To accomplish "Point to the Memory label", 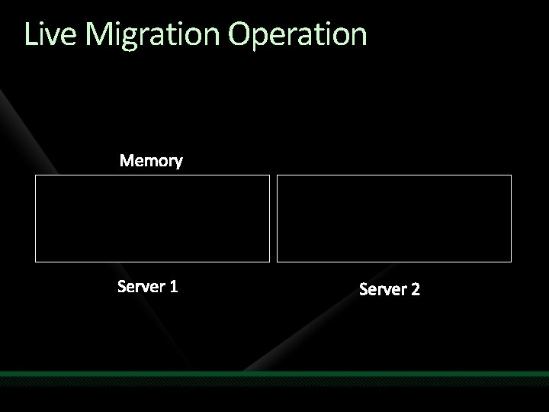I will point(151,161).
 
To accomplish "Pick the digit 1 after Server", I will point(174,287).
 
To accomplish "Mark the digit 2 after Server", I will point(416,289).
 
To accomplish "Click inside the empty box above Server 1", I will point(152,218).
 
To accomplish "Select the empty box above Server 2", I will point(393,218).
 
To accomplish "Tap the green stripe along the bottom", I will point(274,374).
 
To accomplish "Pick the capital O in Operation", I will point(240,34).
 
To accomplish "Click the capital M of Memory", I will point(127,161).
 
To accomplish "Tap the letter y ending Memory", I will point(178,163).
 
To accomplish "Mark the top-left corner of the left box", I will point(36,175).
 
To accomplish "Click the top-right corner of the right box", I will point(511,175).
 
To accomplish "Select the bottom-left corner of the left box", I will point(36,262).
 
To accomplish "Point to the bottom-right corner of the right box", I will point(511,262).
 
